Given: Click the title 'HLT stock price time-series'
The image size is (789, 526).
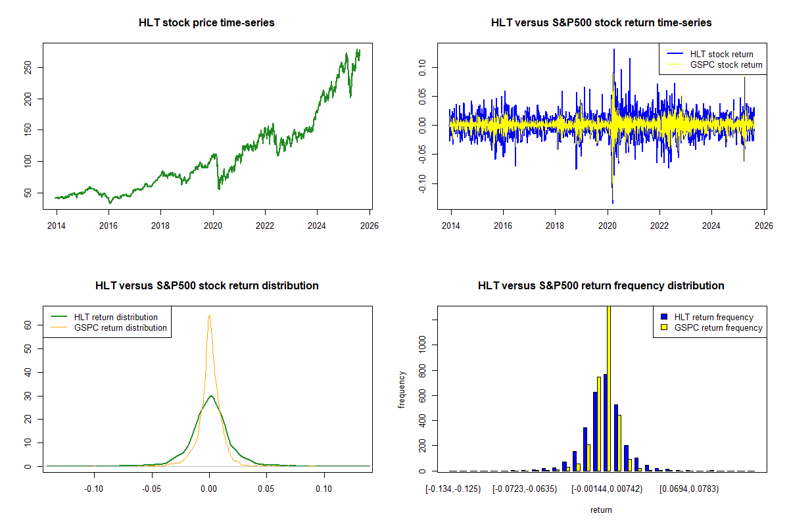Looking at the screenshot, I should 206,23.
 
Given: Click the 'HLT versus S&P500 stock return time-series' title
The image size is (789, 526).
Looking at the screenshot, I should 601,23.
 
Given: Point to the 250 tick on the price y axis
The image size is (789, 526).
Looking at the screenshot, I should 28,67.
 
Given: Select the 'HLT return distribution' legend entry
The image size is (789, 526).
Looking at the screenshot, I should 116,317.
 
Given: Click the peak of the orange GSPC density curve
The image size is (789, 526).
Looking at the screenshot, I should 209,316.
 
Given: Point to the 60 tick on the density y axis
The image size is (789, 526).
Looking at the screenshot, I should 28,325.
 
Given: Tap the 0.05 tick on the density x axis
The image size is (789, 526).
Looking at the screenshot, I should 266,489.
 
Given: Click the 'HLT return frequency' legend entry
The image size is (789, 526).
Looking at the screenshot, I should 713,317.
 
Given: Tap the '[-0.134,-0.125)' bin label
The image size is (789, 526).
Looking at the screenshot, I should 453,489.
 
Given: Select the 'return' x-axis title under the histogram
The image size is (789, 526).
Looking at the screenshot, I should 601,510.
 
